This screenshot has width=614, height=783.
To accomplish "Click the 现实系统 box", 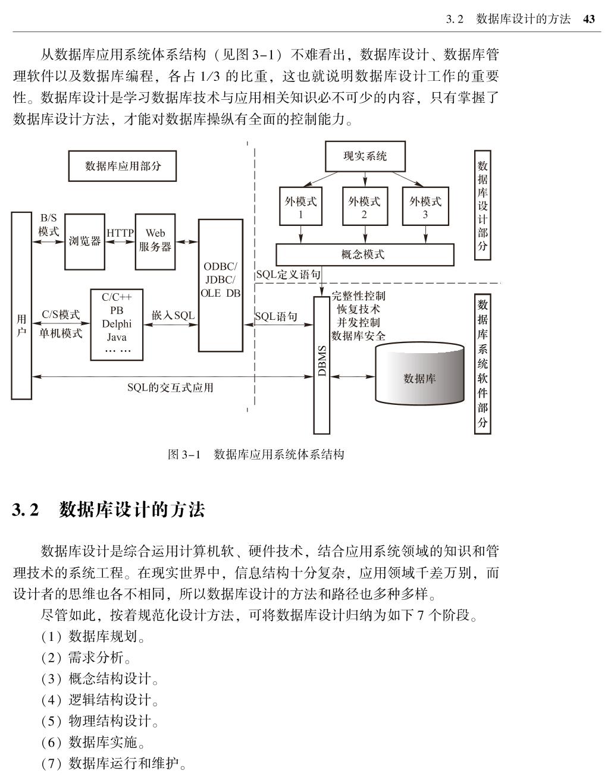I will pyautogui.click(x=365, y=156).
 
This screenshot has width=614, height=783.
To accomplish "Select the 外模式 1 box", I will pyautogui.click(x=300, y=207).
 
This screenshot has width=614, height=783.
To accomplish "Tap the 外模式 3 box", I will pyautogui.click(x=425, y=207).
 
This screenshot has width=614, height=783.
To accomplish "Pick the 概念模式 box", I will pyautogui.click(x=364, y=254).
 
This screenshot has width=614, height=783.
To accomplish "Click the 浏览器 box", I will pyautogui.click(x=84, y=241).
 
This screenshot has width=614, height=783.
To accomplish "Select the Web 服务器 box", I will pyautogui.click(x=155, y=241).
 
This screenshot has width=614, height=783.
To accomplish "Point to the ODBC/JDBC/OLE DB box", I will pyautogui.click(x=220, y=285).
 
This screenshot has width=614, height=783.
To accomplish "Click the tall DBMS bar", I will pyautogui.click(x=321, y=364).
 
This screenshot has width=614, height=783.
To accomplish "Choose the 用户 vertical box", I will pyautogui.click(x=21, y=306).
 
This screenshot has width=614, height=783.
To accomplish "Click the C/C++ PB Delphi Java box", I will pyautogui.click(x=117, y=325).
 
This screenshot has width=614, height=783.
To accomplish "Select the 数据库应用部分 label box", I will pyautogui.click(x=123, y=165).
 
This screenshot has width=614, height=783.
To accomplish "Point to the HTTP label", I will pyautogui.click(x=120, y=233).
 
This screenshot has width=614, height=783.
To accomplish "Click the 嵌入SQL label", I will pyautogui.click(x=173, y=315).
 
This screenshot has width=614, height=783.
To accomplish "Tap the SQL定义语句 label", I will pyautogui.click(x=289, y=275).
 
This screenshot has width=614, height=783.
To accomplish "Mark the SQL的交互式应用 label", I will pyautogui.click(x=170, y=388).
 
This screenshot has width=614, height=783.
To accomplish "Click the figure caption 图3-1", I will pyautogui.click(x=256, y=455).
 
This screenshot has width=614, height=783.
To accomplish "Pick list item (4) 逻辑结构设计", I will pyautogui.click(x=99, y=700).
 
